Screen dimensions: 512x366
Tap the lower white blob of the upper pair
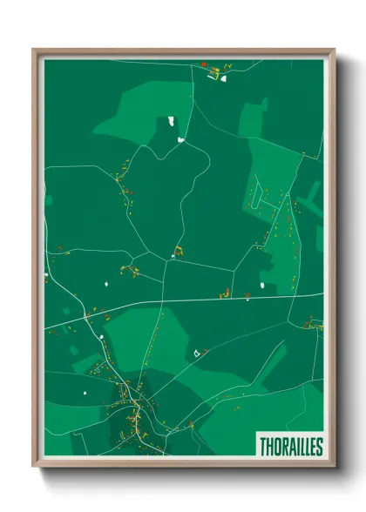click(180, 138)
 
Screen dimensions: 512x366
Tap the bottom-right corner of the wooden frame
click(334, 466)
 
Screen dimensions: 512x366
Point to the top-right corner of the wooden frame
click(334, 50)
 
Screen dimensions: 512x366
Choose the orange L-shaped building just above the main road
click(225, 293)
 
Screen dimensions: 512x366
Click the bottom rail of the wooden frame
click(183, 463)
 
